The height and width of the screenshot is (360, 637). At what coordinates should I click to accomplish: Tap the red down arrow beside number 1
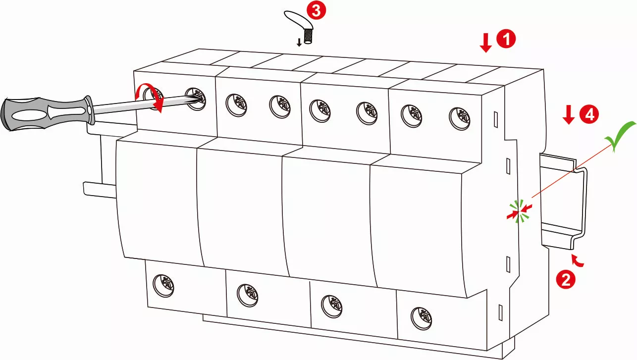tap(486, 44)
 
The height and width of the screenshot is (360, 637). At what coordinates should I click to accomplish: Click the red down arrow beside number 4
tap(569, 116)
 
